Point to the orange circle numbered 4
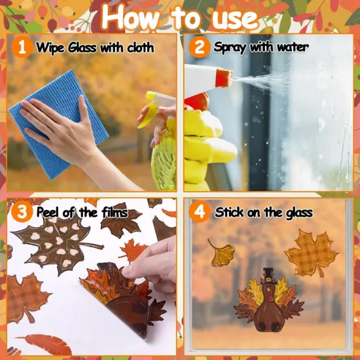(198, 212)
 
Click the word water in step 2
(289, 47)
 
